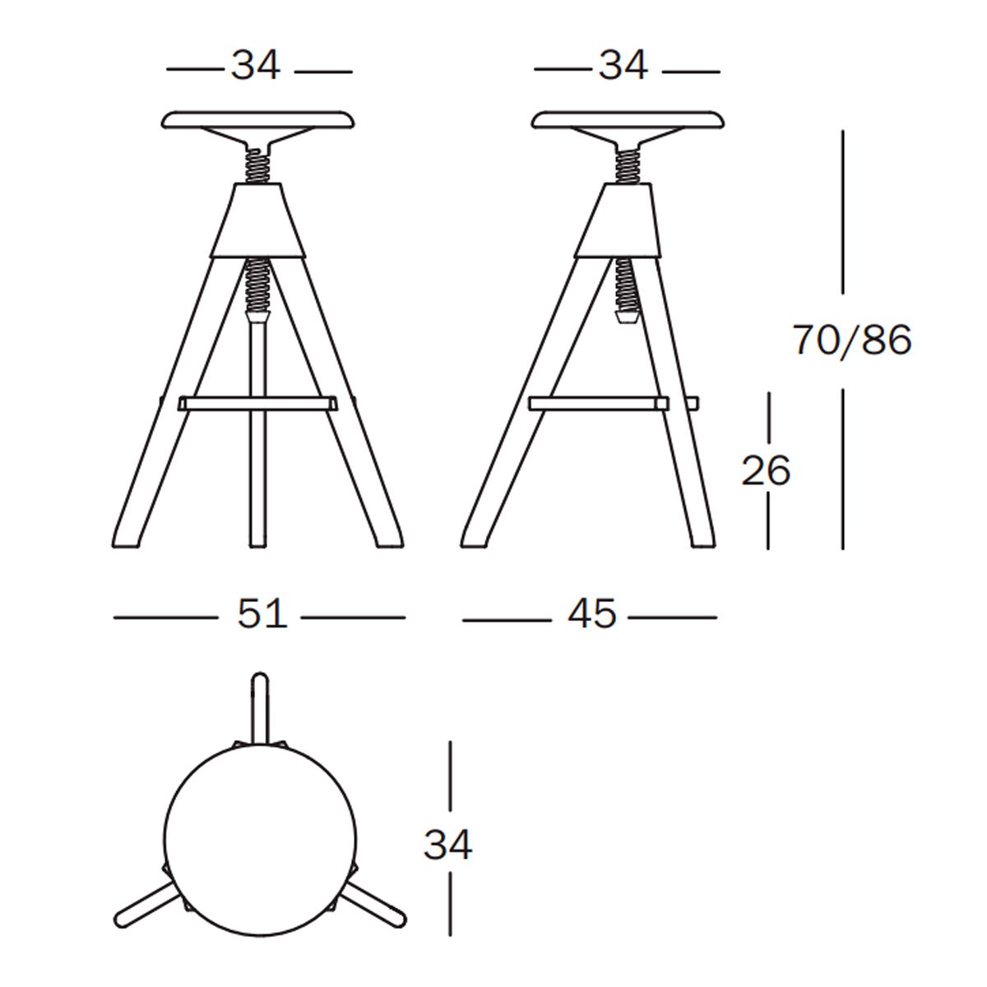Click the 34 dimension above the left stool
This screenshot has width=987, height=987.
(x=256, y=66)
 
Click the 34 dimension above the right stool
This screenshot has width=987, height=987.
(x=623, y=66)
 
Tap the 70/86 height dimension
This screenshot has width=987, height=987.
(x=852, y=340)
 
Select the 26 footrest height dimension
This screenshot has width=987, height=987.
(x=766, y=470)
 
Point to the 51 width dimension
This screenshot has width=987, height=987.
(x=262, y=614)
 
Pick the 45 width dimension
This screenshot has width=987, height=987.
(x=591, y=614)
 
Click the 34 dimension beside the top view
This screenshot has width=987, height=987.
(x=447, y=845)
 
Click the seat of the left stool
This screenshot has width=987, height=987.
(x=258, y=120)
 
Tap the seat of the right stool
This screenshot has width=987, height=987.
(x=628, y=120)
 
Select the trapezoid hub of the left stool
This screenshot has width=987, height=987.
(x=258, y=220)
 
